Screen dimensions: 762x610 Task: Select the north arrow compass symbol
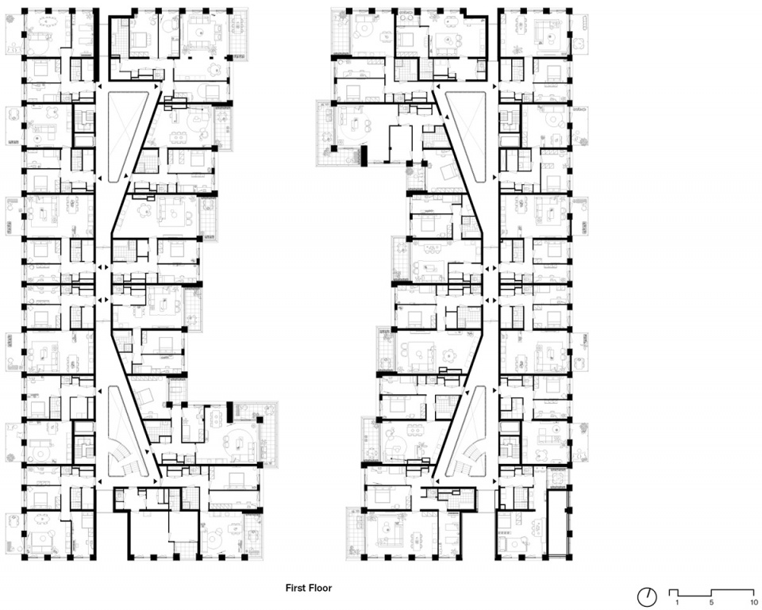tap(647, 596)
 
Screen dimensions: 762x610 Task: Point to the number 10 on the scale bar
tap(754, 603)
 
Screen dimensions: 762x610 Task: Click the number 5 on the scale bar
tap(711, 603)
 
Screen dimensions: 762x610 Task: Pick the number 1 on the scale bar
tap(677, 603)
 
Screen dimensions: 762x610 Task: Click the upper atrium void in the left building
tap(124, 136)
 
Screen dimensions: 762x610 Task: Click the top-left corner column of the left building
tap(25, 10)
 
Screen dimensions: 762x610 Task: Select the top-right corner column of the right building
tap(568, 10)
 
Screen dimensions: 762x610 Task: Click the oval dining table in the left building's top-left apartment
tap(47, 21)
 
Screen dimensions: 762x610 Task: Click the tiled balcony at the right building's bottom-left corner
tap(354, 533)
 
